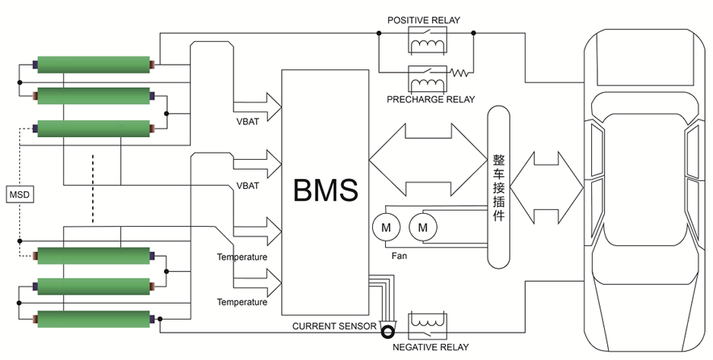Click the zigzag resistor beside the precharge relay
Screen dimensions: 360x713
pos(459,73)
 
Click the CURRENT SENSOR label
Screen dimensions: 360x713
pos(333,326)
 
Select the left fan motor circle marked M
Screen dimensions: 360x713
pos(385,228)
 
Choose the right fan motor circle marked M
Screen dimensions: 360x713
pos(422,228)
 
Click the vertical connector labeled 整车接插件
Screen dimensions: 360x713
pos(499,186)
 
